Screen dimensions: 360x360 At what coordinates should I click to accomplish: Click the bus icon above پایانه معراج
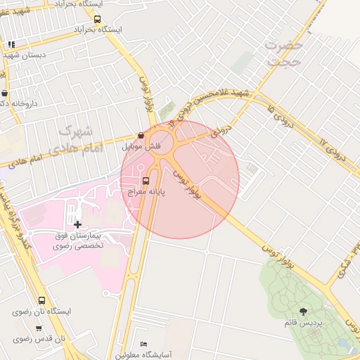point(146,181)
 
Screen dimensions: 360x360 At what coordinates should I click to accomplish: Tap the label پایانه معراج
point(146,191)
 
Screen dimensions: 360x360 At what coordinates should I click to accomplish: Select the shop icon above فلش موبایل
point(141,135)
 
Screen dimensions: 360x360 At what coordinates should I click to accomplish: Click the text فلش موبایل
point(141,146)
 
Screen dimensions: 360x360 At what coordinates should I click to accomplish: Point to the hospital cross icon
point(77,224)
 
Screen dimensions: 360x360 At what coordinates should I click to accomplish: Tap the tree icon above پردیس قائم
point(303,311)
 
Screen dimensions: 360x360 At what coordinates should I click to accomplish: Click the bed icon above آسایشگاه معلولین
point(144,344)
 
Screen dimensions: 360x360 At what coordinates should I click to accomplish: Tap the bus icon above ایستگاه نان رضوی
point(42,300)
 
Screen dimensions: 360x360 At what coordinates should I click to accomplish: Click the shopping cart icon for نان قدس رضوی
point(39,328)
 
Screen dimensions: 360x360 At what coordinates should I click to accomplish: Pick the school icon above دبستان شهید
point(11,44)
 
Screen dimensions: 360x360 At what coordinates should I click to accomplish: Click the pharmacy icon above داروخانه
point(5,93)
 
